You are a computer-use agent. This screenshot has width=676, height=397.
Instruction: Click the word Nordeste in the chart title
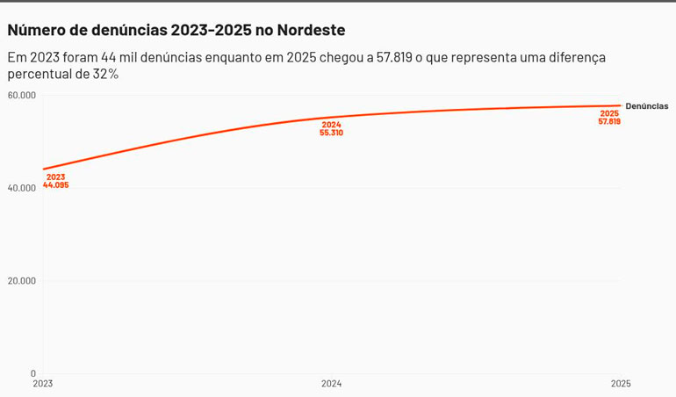point(311,30)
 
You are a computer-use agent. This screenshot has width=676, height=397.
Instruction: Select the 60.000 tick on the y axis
point(21,95)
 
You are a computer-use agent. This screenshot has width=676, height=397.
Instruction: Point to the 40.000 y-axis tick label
point(21,188)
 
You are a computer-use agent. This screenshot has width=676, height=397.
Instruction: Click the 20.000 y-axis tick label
point(21,281)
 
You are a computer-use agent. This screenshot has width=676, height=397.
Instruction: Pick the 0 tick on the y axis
point(33,373)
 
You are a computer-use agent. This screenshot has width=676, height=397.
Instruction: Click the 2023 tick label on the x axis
point(43,384)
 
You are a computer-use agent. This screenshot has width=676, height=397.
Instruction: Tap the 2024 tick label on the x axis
point(331,384)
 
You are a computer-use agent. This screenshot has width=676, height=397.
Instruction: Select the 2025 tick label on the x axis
point(620,384)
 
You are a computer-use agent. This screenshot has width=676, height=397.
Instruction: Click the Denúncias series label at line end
point(646,106)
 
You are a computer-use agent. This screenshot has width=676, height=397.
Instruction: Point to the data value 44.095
point(55,185)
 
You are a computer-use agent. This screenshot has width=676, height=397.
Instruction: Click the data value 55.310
point(331,134)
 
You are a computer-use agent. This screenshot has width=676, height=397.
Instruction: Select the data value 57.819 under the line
point(609,122)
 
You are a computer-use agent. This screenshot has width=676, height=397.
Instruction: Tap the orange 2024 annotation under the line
point(331,125)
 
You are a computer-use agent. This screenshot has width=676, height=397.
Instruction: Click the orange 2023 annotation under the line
point(55,177)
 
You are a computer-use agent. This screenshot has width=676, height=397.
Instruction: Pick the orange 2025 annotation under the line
point(609,113)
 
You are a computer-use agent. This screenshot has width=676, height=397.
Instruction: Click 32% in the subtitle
point(106,75)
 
